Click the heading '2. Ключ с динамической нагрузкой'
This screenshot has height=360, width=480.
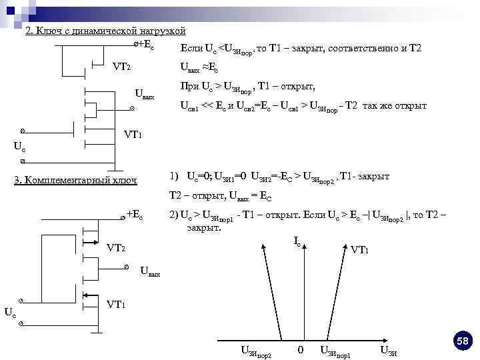pyautogui.click(x=105, y=31)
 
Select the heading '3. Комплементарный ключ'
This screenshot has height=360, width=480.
pyautogui.click(x=75, y=180)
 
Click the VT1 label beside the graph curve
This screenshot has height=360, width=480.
pyautogui.click(x=359, y=250)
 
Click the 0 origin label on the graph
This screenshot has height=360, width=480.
pyautogui.click(x=301, y=349)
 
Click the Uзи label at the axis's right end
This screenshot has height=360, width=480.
pyautogui.click(x=389, y=351)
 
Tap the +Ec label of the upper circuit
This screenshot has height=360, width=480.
pyautogui.click(x=145, y=45)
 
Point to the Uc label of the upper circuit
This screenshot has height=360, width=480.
pyautogui.click(x=21, y=146)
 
